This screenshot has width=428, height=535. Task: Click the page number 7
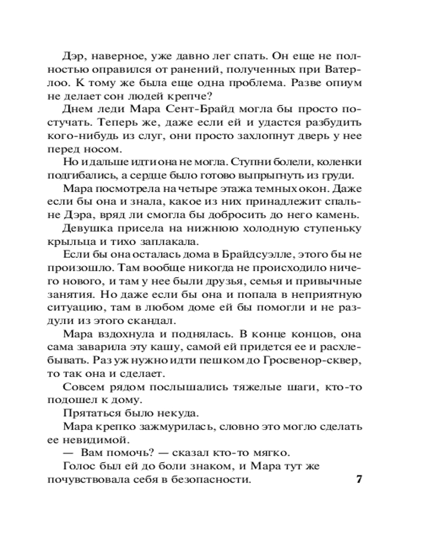tap(360, 479)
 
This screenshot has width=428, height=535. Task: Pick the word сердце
tap(154, 176)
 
